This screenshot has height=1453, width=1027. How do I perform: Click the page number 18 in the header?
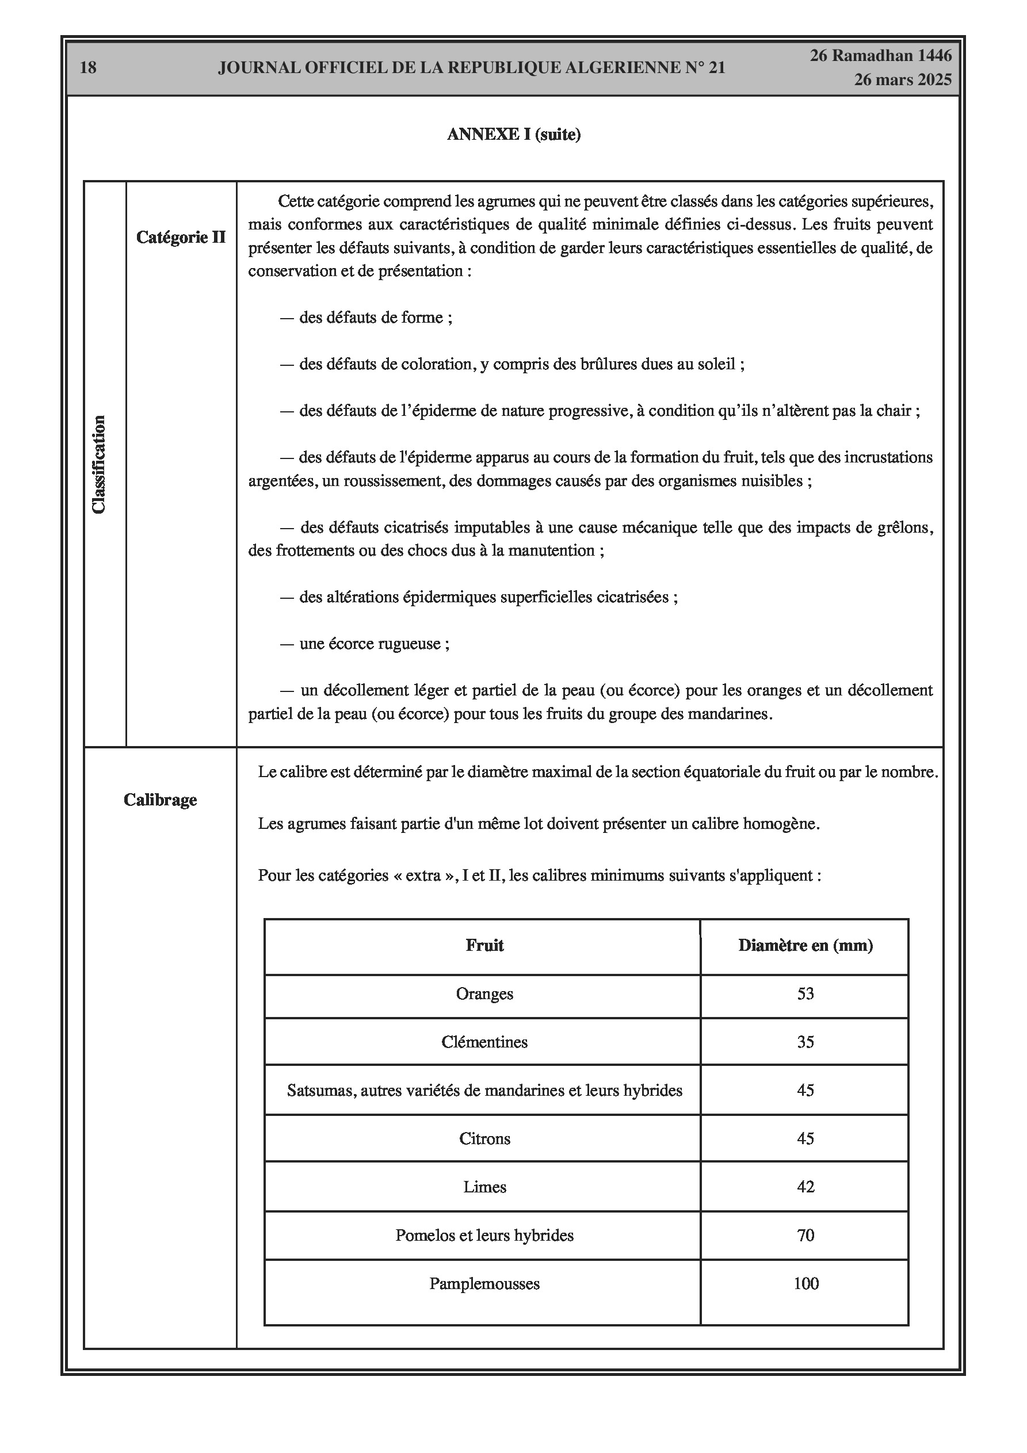88,68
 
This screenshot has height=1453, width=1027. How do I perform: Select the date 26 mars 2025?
902,80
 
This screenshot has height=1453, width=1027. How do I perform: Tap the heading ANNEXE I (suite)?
513,135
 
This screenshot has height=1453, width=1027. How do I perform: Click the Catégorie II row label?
181,238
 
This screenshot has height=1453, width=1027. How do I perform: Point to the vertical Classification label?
100,465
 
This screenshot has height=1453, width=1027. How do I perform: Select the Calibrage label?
160,800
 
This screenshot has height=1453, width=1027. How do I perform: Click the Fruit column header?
484,946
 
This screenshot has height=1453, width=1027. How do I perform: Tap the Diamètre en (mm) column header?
805,946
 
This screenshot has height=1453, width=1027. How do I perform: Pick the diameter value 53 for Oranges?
805,993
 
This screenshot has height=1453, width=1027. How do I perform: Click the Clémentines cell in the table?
484,1042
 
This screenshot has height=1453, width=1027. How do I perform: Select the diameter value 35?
805,1042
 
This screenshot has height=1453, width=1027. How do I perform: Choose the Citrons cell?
484,1138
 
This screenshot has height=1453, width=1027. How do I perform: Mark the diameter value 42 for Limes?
805,1187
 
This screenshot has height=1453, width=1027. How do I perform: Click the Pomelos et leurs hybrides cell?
484,1236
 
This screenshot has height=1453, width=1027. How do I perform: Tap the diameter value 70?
805,1236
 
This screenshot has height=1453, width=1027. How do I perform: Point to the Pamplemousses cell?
484,1283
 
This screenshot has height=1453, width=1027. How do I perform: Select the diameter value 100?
805,1283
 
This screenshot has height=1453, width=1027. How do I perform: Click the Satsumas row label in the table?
484,1091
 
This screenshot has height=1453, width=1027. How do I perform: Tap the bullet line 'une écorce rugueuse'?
373,644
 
